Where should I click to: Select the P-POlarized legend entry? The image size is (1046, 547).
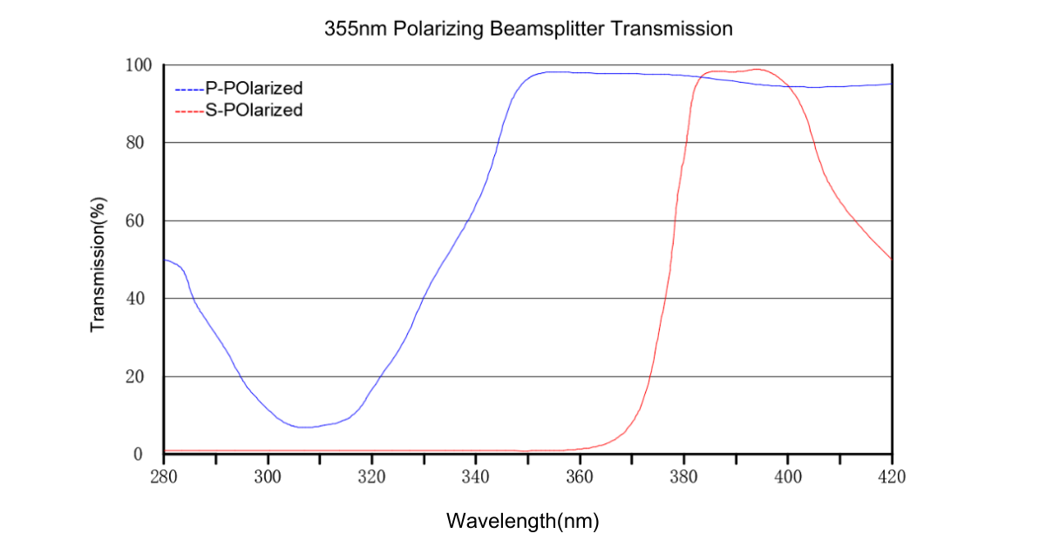pos(254,89)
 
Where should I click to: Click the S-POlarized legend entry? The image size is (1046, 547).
pos(254,111)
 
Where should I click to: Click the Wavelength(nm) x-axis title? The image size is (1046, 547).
pos(523,521)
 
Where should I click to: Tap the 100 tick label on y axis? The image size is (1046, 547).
pos(139,65)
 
